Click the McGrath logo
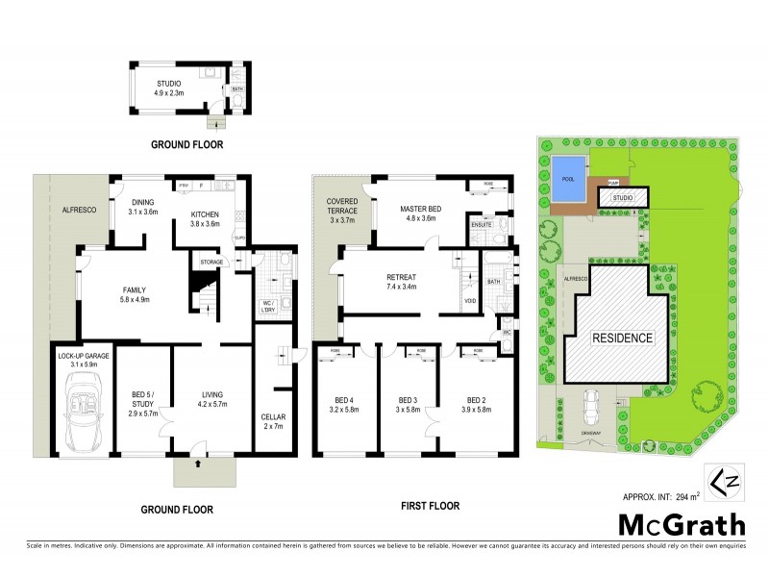pyautogui.click(x=679, y=526)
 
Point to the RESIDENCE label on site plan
pyautogui.click(x=614, y=339)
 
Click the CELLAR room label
pyautogui.click(x=274, y=421)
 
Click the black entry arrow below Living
pyautogui.click(x=199, y=464)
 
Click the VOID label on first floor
pyautogui.click(x=469, y=300)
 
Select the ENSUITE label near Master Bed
pyautogui.click(x=479, y=226)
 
